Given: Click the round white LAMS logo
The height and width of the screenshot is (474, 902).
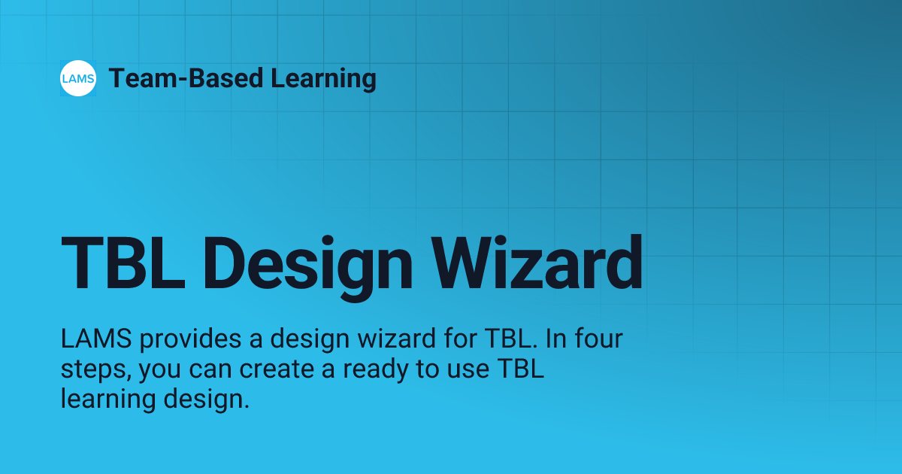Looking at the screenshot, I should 78,78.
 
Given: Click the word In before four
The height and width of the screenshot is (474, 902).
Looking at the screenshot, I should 553,340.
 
